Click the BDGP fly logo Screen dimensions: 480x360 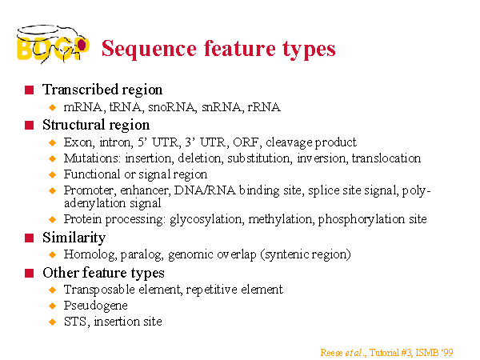[x=53, y=44]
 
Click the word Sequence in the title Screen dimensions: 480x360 [x=149, y=49]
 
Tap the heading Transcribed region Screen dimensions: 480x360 [x=102, y=90]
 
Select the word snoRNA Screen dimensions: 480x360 [x=171, y=107]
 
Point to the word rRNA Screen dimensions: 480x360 [x=264, y=107]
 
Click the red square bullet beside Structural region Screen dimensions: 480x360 [x=29, y=126]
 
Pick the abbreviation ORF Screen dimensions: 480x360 [x=246, y=142]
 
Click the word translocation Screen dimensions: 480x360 [x=386, y=158]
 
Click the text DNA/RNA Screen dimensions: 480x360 [x=205, y=190]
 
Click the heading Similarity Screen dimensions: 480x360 [x=74, y=238]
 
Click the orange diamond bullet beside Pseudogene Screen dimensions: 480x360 [x=53, y=306]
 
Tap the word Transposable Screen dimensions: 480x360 [x=99, y=290]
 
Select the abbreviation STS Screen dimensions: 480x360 [x=77, y=322]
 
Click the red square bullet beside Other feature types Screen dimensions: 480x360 [x=29, y=273]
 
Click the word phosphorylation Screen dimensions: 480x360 [x=362, y=219]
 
